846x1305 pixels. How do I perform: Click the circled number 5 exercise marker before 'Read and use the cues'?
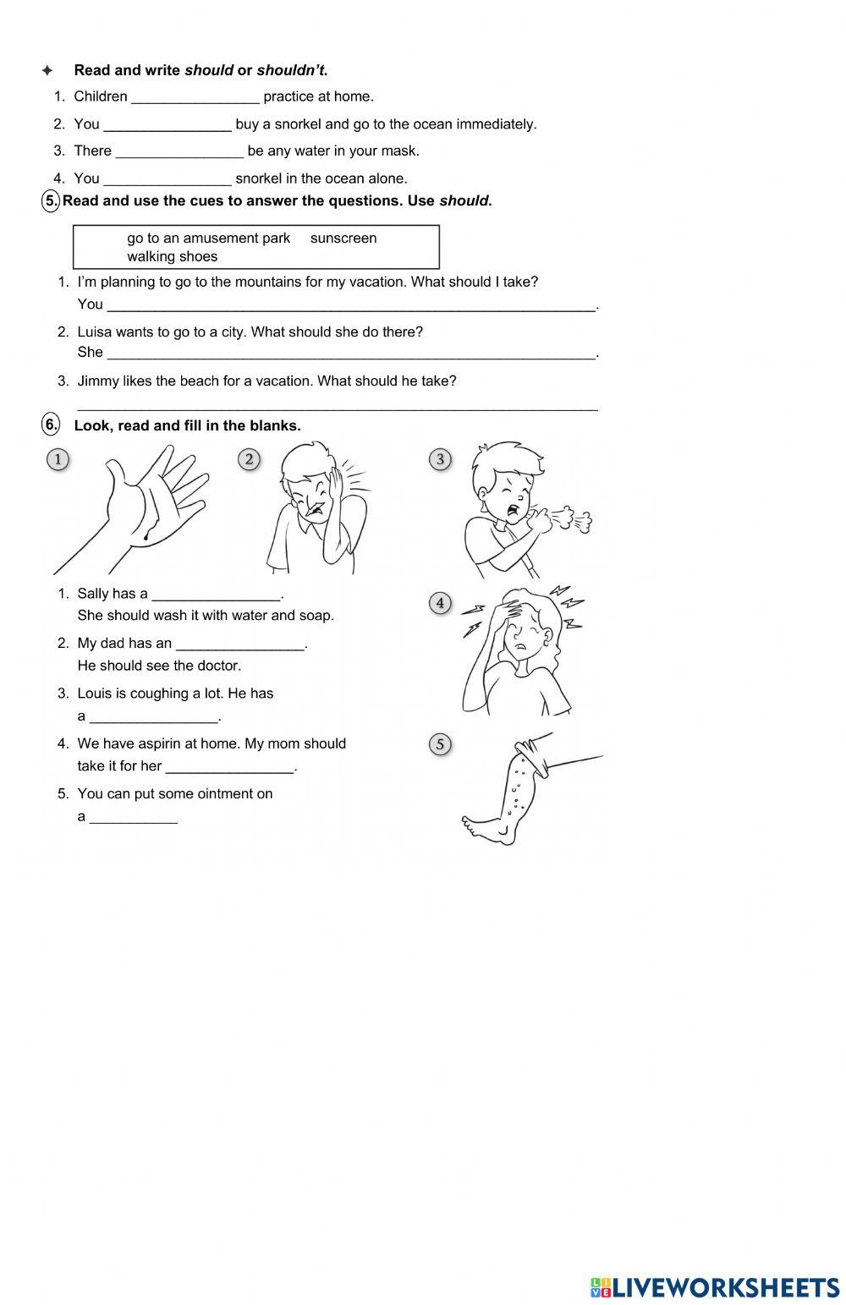coord(51,200)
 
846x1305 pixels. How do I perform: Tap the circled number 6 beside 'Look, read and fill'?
coord(51,425)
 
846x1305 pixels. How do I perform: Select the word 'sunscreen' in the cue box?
coord(343,239)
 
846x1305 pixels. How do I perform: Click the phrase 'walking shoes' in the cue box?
coord(172,257)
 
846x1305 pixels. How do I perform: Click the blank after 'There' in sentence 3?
coord(179,152)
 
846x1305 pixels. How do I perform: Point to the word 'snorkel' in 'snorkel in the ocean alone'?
coord(260,178)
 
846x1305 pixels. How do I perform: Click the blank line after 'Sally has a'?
coord(216,595)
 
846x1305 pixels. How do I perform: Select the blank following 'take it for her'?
coord(230,768)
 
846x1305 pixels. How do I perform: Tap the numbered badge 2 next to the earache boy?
coord(249,459)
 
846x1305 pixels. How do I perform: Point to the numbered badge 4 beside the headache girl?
coord(440,603)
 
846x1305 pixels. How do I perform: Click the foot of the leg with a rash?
coord(486,828)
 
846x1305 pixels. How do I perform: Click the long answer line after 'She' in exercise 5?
coord(351,354)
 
